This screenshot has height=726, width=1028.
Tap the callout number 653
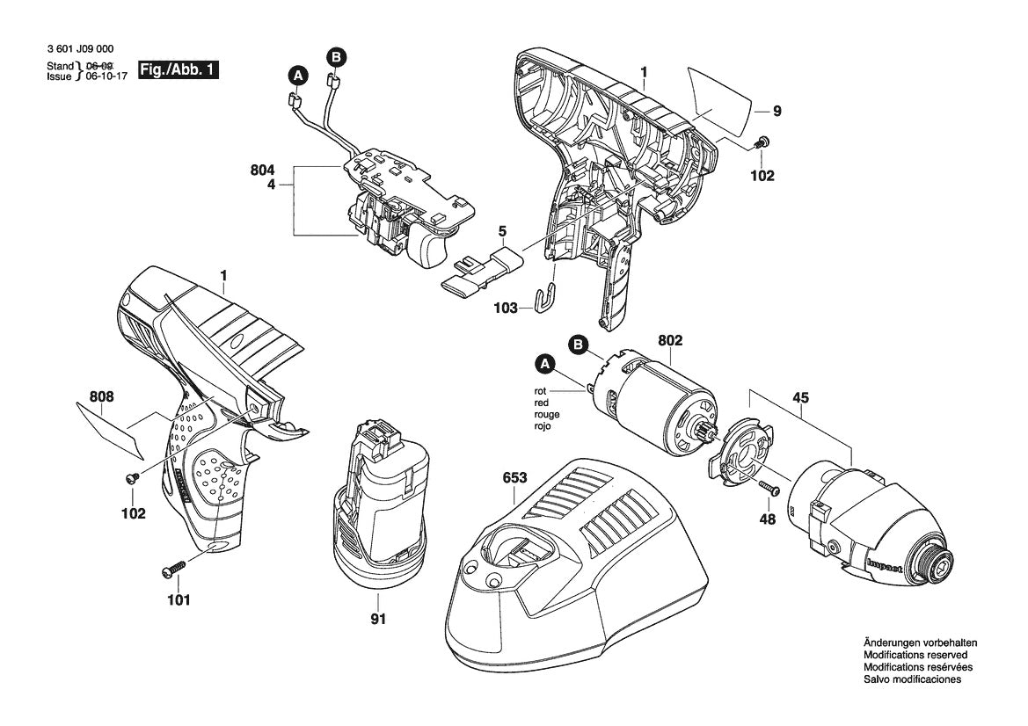pyautogui.click(x=514, y=478)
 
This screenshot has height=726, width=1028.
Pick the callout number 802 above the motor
pyautogui.click(x=669, y=340)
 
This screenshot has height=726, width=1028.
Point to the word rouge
pyautogui.click(x=546, y=413)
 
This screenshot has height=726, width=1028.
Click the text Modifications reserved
pyautogui.click(x=915, y=655)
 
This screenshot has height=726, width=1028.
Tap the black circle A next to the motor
pyautogui.click(x=545, y=362)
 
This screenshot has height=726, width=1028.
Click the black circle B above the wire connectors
pyautogui.click(x=336, y=58)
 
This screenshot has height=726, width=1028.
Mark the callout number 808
pyautogui.click(x=101, y=397)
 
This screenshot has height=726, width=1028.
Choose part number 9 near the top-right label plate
pyautogui.click(x=776, y=111)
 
